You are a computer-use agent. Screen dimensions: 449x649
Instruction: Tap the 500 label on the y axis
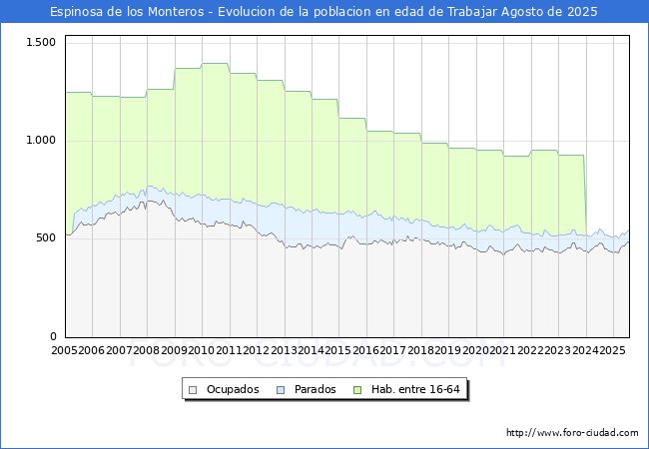coord(46,238)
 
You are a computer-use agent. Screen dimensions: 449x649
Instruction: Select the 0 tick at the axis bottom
coord(54,336)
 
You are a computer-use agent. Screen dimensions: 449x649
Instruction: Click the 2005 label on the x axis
coord(64,351)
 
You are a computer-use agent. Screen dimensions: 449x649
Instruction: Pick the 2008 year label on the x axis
coord(147,351)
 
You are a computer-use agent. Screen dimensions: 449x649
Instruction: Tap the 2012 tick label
coord(257,351)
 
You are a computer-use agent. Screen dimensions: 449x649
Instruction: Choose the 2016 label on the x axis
coord(365,351)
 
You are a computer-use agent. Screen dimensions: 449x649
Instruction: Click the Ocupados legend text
coord(233,389)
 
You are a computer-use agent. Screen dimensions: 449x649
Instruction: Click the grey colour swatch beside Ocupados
coord(194,389)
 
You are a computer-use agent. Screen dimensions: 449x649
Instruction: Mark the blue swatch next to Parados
coord(283,389)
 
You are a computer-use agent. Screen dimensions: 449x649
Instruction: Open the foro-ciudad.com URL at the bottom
coord(572,433)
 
